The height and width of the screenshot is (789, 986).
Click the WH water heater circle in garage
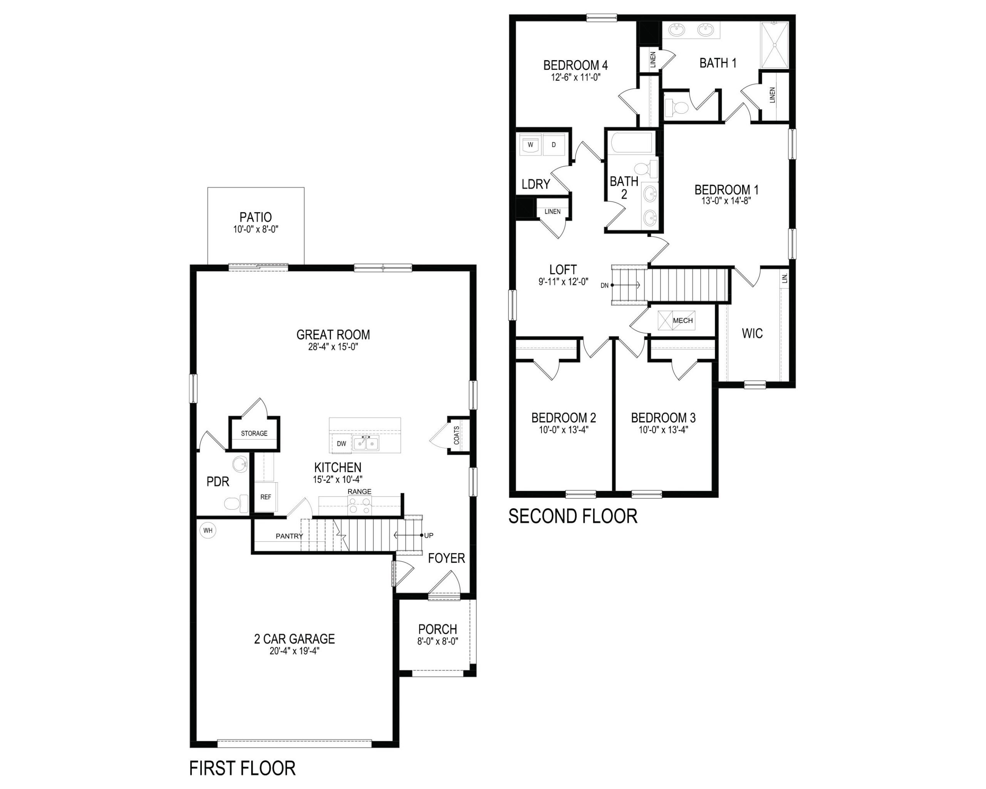click(x=208, y=530)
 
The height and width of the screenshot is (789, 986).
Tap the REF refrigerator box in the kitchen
click(x=266, y=497)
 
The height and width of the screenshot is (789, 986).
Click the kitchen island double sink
click(x=366, y=443)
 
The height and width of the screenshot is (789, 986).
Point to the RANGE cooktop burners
click(x=359, y=505)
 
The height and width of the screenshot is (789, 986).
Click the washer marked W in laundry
click(x=530, y=144)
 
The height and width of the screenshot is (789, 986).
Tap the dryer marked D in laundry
click(x=554, y=144)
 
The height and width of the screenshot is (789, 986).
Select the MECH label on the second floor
click(x=683, y=321)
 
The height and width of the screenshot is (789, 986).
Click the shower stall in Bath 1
click(x=774, y=44)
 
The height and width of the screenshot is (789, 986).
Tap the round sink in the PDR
click(x=240, y=465)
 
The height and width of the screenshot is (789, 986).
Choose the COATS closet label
click(x=456, y=435)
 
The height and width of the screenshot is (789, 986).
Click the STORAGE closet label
click(x=254, y=433)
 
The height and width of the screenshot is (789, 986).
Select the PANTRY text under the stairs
click(x=290, y=536)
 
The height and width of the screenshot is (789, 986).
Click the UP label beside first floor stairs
click(x=429, y=535)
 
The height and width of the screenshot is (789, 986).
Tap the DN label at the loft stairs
click(x=605, y=285)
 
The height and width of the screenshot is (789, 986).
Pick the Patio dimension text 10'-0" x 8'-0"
click(x=256, y=229)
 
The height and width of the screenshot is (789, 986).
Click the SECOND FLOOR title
click(x=573, y=516)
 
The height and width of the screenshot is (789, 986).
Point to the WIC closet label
click(x=752, y=334)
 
